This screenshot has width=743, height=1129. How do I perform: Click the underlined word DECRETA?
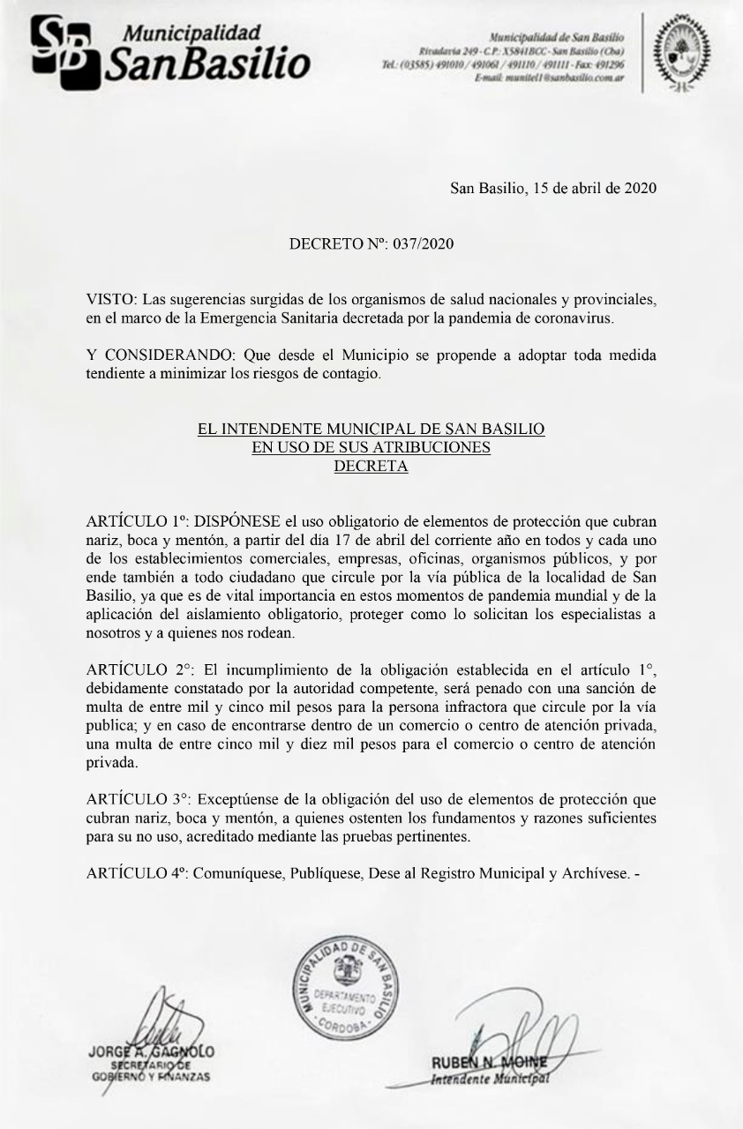tap(371, 467)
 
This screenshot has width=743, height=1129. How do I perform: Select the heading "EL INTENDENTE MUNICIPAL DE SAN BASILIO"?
tap(371, 430)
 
